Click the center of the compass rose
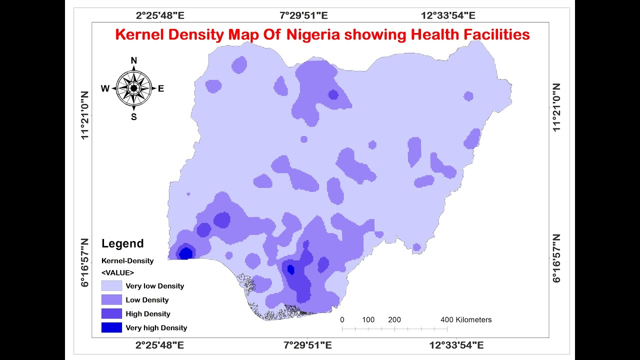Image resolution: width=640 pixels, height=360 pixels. (133, 88)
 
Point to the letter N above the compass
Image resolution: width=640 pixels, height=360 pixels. (133, 61)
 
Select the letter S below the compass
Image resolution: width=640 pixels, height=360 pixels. (133, 117)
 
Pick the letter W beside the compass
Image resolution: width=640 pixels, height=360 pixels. (105, 89)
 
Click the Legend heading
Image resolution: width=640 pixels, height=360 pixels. (122, 243)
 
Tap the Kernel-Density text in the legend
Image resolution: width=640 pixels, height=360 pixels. (127, 260)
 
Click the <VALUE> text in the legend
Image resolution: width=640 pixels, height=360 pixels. (117, 272)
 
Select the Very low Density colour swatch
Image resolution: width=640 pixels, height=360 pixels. (111, 286)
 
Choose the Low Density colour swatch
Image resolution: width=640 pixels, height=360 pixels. (111, 300)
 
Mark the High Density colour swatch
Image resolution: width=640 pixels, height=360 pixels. (111, 314)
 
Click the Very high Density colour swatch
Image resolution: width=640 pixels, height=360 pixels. (111, 328)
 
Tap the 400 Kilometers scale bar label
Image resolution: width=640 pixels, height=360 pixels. (466, 319)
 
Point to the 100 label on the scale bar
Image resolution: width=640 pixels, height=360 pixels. (368, 319)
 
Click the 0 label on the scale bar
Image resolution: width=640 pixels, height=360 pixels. (342, 319)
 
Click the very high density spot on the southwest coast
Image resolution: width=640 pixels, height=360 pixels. (185, 253)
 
